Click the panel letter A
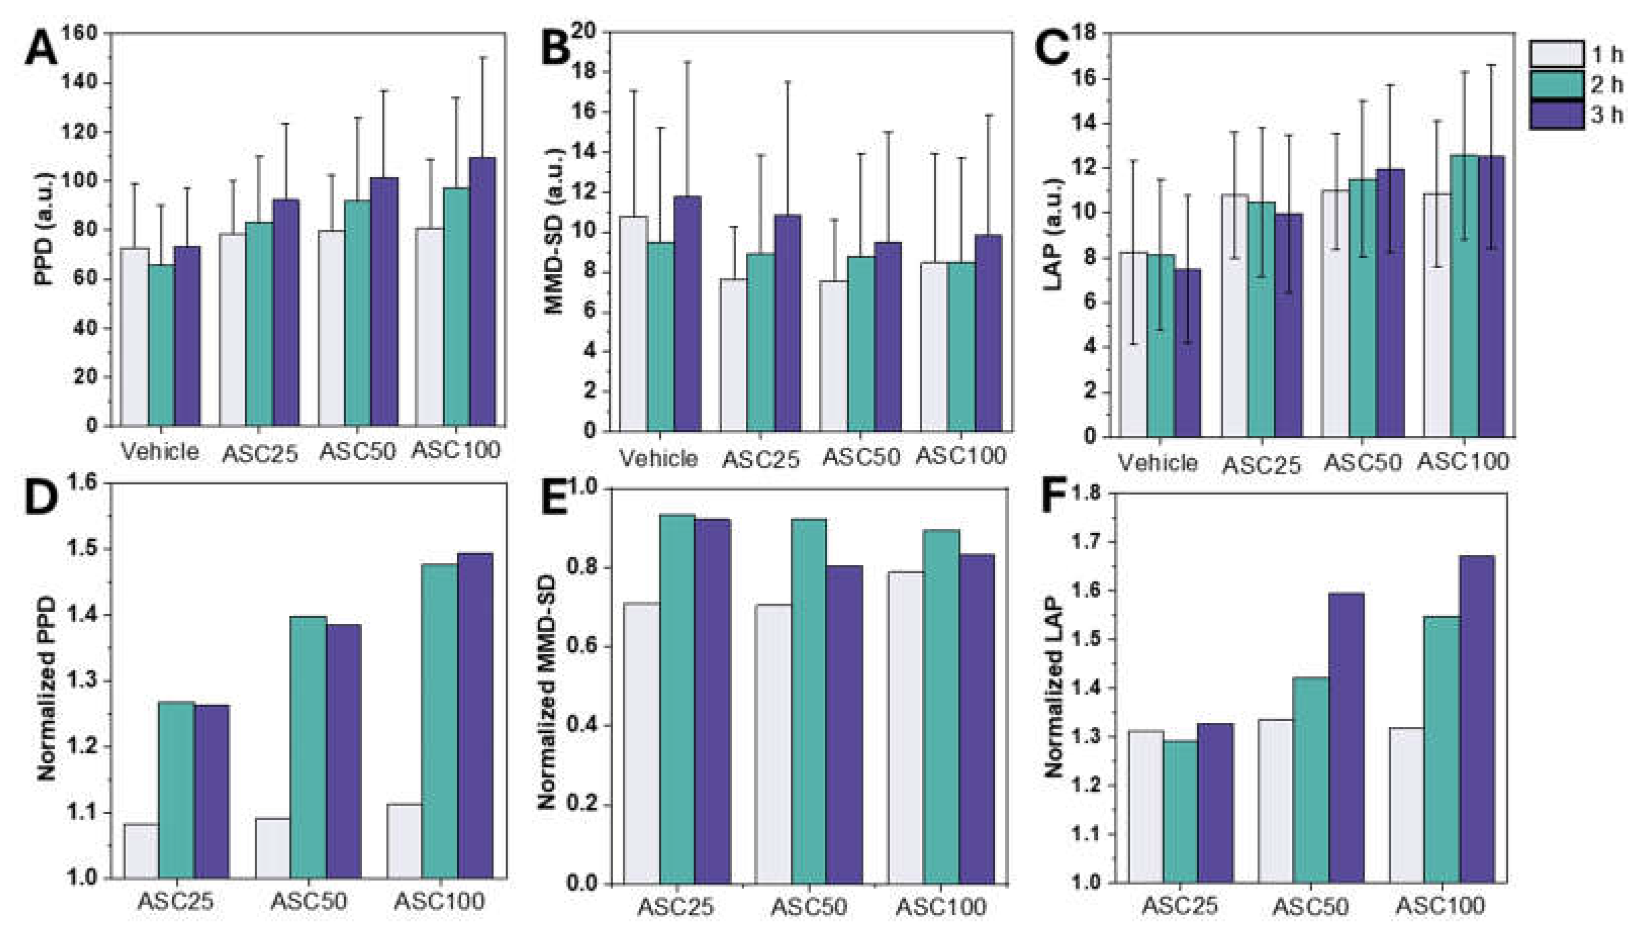pos(40,50)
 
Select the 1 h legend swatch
pos(1556,55)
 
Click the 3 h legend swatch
pos(1556,116)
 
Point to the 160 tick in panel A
pos(80,33)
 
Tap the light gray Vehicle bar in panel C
pos(1134,344)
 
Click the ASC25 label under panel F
pos(1180,906)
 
